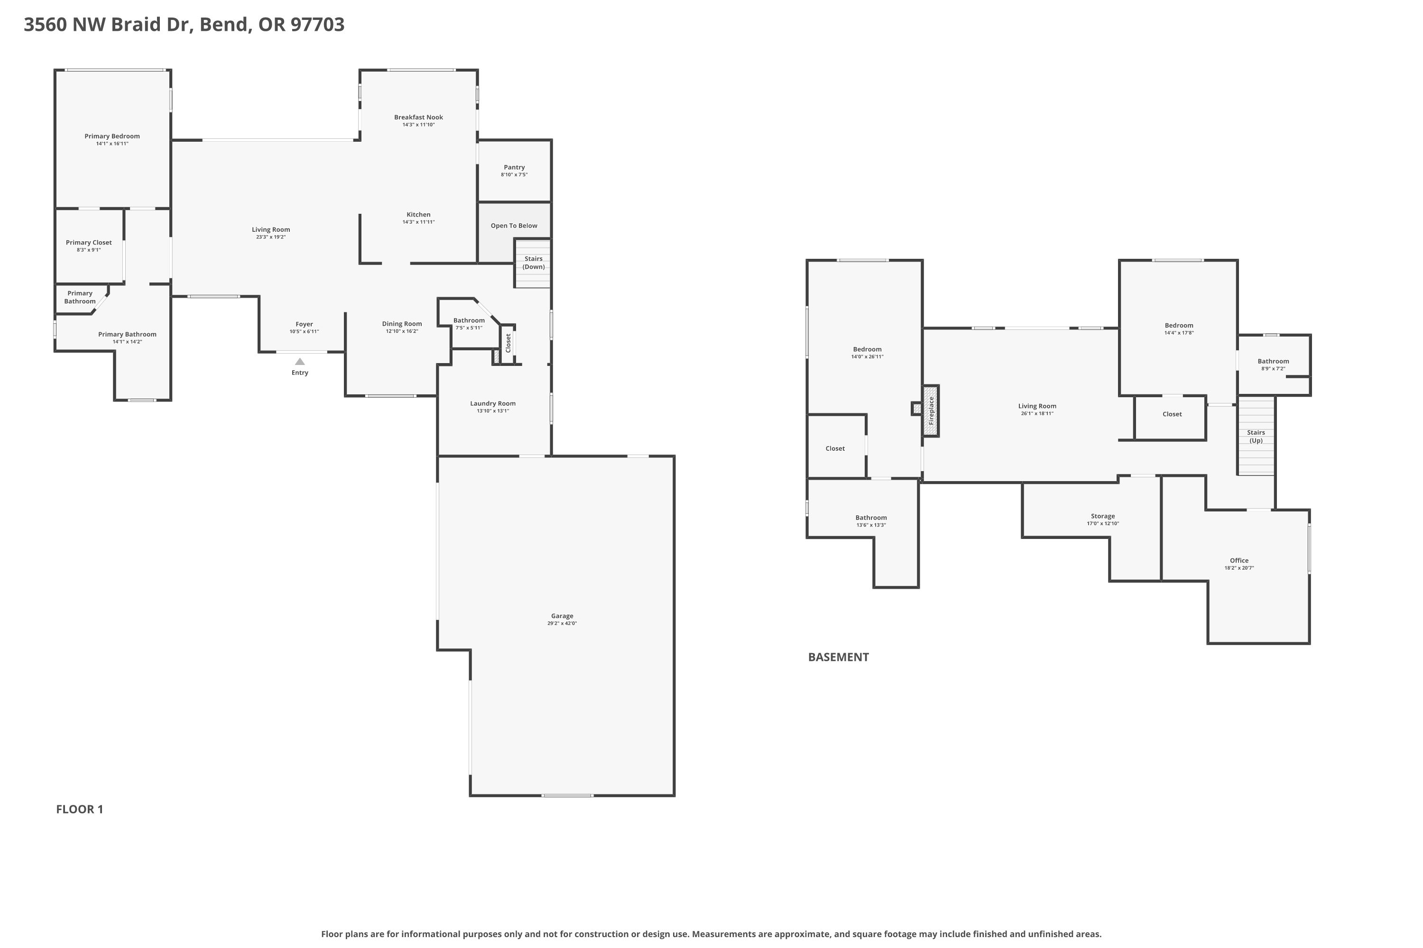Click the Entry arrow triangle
pos(300,362)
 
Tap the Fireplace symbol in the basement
pos(931,410)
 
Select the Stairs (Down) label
pos(534,263)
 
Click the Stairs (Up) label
pos(1256,437)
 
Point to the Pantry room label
pos(514,167)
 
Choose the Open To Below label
pos(514,226)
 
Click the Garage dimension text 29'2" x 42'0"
pos(562,623)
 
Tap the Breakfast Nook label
pos(419,117)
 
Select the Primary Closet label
pos(89,242)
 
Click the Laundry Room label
pos(493,403)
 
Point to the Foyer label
pos(305,324)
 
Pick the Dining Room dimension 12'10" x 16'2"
pos(402,331)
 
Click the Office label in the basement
pos(1239,560)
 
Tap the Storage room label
pos(1103,516)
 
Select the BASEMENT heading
pos(839,657)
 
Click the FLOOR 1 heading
pos(80,810)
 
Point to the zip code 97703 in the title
pos(318,24)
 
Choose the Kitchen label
pos(419,215)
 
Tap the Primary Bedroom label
pos(112,137)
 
